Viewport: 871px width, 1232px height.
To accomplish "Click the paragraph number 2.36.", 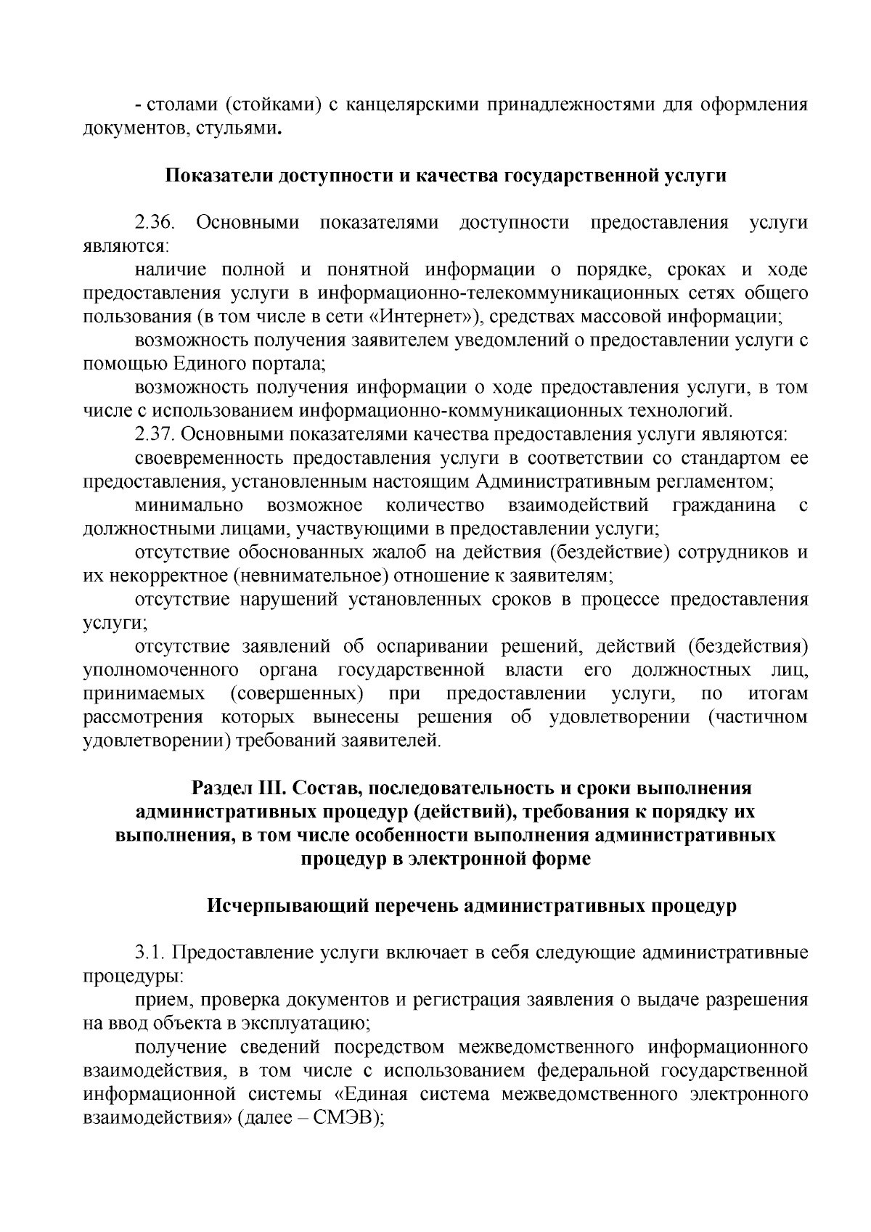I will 155,223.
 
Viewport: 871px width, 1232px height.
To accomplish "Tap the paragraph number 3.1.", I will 149,952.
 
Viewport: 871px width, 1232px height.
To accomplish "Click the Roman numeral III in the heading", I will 270,788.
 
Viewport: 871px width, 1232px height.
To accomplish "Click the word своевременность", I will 209,459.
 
